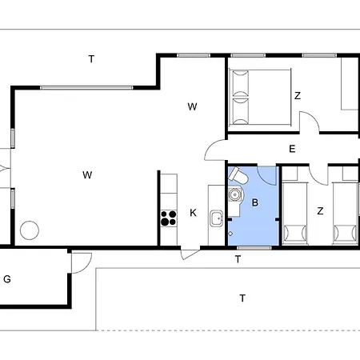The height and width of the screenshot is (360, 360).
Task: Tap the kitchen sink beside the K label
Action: pos(215,218)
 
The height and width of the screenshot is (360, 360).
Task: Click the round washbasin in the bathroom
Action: pos(235,195)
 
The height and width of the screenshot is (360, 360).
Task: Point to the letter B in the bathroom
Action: pos(255,203)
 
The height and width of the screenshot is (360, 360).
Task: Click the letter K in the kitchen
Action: pos(193,212)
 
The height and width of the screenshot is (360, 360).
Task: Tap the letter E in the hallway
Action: pos(292,148)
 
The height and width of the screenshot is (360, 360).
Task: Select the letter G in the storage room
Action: pos(7,279)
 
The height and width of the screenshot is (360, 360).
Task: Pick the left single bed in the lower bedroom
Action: pos(294,212)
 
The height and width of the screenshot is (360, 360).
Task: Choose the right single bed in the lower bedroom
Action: pos(346,212)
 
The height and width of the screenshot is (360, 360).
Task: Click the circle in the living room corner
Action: pos(30,230)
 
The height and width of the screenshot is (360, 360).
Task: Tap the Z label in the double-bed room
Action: pos(297,95)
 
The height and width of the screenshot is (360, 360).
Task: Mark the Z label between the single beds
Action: pos(320,211)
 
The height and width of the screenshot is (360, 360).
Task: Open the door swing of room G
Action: pos(80,261)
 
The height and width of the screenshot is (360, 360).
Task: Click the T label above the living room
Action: pos(91,58)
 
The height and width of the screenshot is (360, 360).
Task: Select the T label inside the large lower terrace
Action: pos(242,298)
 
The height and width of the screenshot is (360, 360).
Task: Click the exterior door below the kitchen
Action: pos(190,254)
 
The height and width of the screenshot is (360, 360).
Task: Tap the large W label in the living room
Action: pos(86,174)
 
